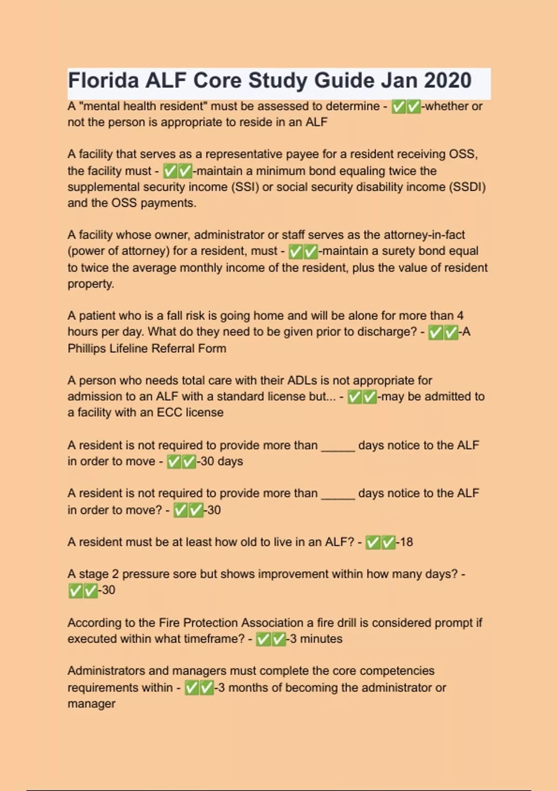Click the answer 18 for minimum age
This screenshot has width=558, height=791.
[x=406, y=542]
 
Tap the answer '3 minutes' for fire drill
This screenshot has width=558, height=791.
[x=316, y=639]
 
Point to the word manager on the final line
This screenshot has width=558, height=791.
[x=91, y=704]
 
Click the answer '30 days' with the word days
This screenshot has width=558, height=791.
[x=221, y=462]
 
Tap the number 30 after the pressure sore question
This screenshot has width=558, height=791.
[x=108, y=590]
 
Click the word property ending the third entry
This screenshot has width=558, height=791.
[x=91, y=284]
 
